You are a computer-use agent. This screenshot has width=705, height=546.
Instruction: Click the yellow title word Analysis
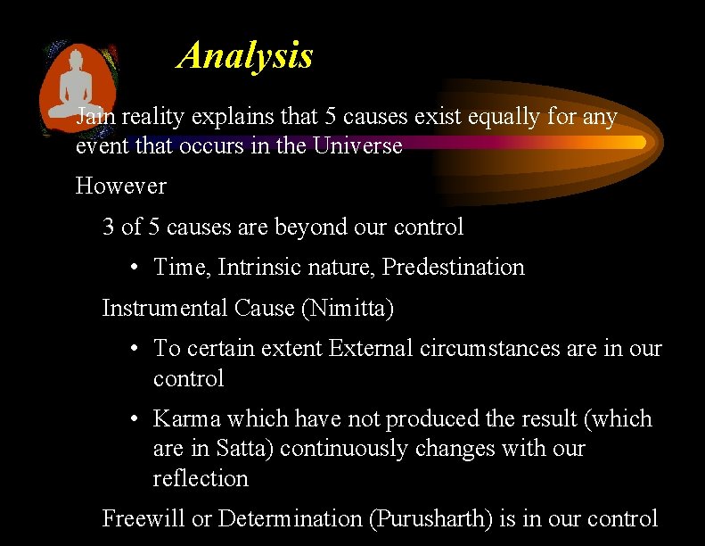click(x=246, y=55)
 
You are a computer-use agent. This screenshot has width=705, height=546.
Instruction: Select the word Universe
click(x=358, y=145)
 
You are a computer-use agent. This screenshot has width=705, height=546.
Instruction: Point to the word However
click(x=121, y=186)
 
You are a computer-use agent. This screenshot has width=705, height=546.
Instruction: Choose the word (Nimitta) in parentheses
click(x=348, y=308)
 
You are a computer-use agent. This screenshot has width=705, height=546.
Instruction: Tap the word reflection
click(x=201, y=478)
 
